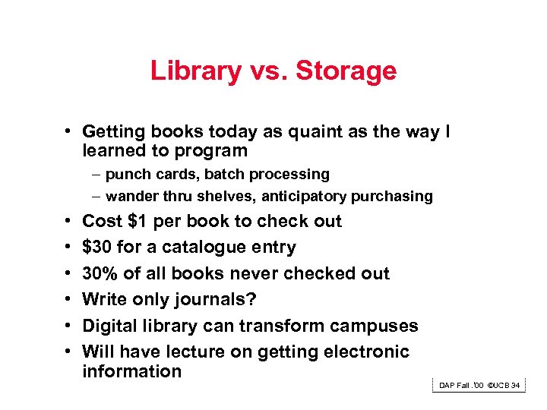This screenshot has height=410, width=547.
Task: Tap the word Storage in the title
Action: pos(346,71)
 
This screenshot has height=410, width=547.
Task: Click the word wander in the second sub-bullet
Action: pos(132,197)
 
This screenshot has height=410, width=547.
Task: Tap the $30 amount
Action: pos(96,248)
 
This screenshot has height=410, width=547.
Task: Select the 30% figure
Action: pos(99,273)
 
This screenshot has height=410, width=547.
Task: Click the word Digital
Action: pos(109,326)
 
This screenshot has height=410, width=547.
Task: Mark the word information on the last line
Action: pos(131,371)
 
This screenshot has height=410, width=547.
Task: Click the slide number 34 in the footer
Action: pos(516,386)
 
